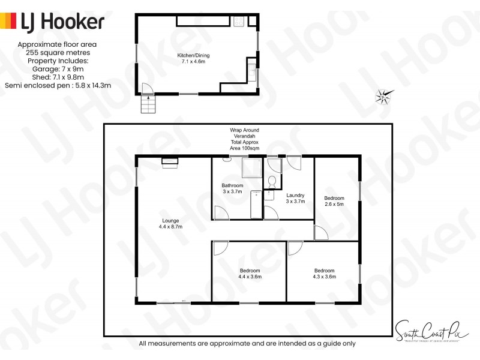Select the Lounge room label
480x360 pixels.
170,224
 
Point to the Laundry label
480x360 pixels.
295,199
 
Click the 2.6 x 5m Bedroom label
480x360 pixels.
334,202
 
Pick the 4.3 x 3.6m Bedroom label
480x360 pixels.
323,274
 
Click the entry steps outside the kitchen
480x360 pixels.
148,105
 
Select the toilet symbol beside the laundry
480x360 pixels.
272,181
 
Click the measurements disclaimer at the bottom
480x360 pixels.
247,344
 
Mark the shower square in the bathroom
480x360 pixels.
251,168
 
